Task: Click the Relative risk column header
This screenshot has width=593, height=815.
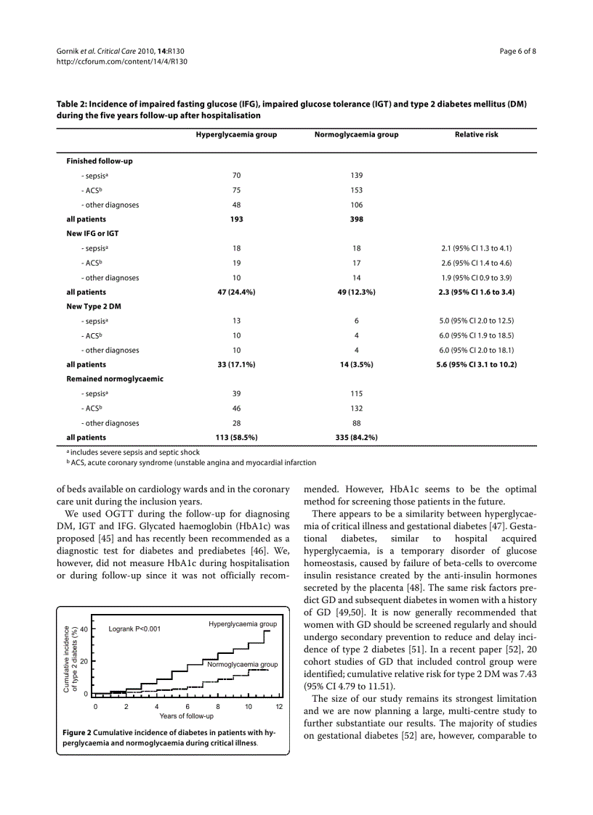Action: coord(476,134)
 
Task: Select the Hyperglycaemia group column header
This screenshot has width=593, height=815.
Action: coord(236,134)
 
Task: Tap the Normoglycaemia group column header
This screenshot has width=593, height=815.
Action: coord(356,134)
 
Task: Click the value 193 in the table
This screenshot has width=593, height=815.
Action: coord(236,219)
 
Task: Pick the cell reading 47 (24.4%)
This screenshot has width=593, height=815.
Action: coord(236,292)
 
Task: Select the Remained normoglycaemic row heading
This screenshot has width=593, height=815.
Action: coord(115,379)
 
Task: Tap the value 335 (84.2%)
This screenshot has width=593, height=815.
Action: coord(356,437)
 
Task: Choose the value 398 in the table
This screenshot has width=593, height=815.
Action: coord(356,219)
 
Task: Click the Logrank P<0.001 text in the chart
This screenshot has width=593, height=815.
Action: coord(134,629)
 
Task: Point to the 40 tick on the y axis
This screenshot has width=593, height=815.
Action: coord(84,629)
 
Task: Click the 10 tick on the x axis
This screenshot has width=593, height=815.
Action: coord(249,706)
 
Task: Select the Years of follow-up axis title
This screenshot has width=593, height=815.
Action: coord(186,716)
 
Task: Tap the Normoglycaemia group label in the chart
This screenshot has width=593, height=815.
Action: coord(242,665)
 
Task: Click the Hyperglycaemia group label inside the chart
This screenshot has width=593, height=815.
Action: coord(243,624)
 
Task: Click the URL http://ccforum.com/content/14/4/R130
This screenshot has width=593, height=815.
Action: coord(122,62)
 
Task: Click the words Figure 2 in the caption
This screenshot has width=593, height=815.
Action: coord(77,733)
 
